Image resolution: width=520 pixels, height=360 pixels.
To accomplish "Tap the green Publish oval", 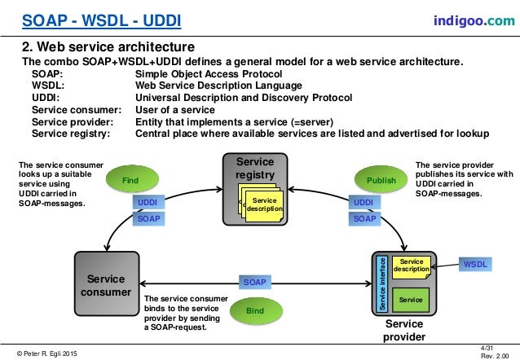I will (381, 180).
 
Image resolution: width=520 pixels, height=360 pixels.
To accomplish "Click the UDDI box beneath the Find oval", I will (147, 202).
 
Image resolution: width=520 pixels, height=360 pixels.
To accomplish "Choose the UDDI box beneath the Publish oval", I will (364, 202).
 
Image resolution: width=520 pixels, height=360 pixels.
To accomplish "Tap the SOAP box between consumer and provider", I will (255, 282).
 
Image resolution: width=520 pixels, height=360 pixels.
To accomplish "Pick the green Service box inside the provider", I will (411, 300).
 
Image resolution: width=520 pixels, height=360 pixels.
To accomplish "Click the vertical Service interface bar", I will (382, 283).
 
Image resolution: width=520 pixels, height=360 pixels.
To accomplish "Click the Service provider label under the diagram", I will (404, 331).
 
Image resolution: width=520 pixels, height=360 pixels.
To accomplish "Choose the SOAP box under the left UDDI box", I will (147, 218).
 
